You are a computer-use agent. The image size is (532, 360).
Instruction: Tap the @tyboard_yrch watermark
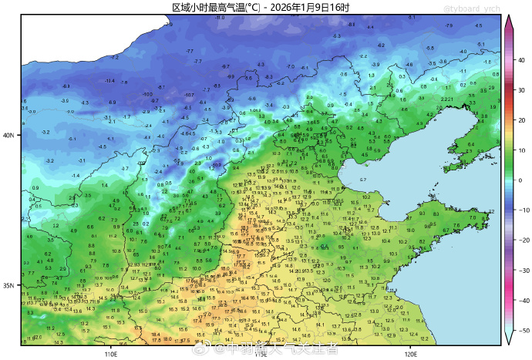pyautogui.click(x=471, y=8)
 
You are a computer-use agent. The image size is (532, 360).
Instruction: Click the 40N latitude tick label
pyautogui.click(x=8, y=135)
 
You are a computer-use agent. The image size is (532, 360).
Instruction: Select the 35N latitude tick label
pyautogui.click(x=8, y=285)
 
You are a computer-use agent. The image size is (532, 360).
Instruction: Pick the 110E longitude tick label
pyautogui.click(x=109, y=354)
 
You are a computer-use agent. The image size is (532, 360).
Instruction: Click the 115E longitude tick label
pyautogui.click(x=260, y=354)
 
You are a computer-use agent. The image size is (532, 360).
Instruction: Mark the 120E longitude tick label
pyautogui.click(x=410, y=354)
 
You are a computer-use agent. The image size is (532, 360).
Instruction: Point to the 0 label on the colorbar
pyautogui.click(x=520, y=180)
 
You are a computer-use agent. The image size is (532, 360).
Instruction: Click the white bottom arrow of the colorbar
pyautogui.click(x=508, y=338)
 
